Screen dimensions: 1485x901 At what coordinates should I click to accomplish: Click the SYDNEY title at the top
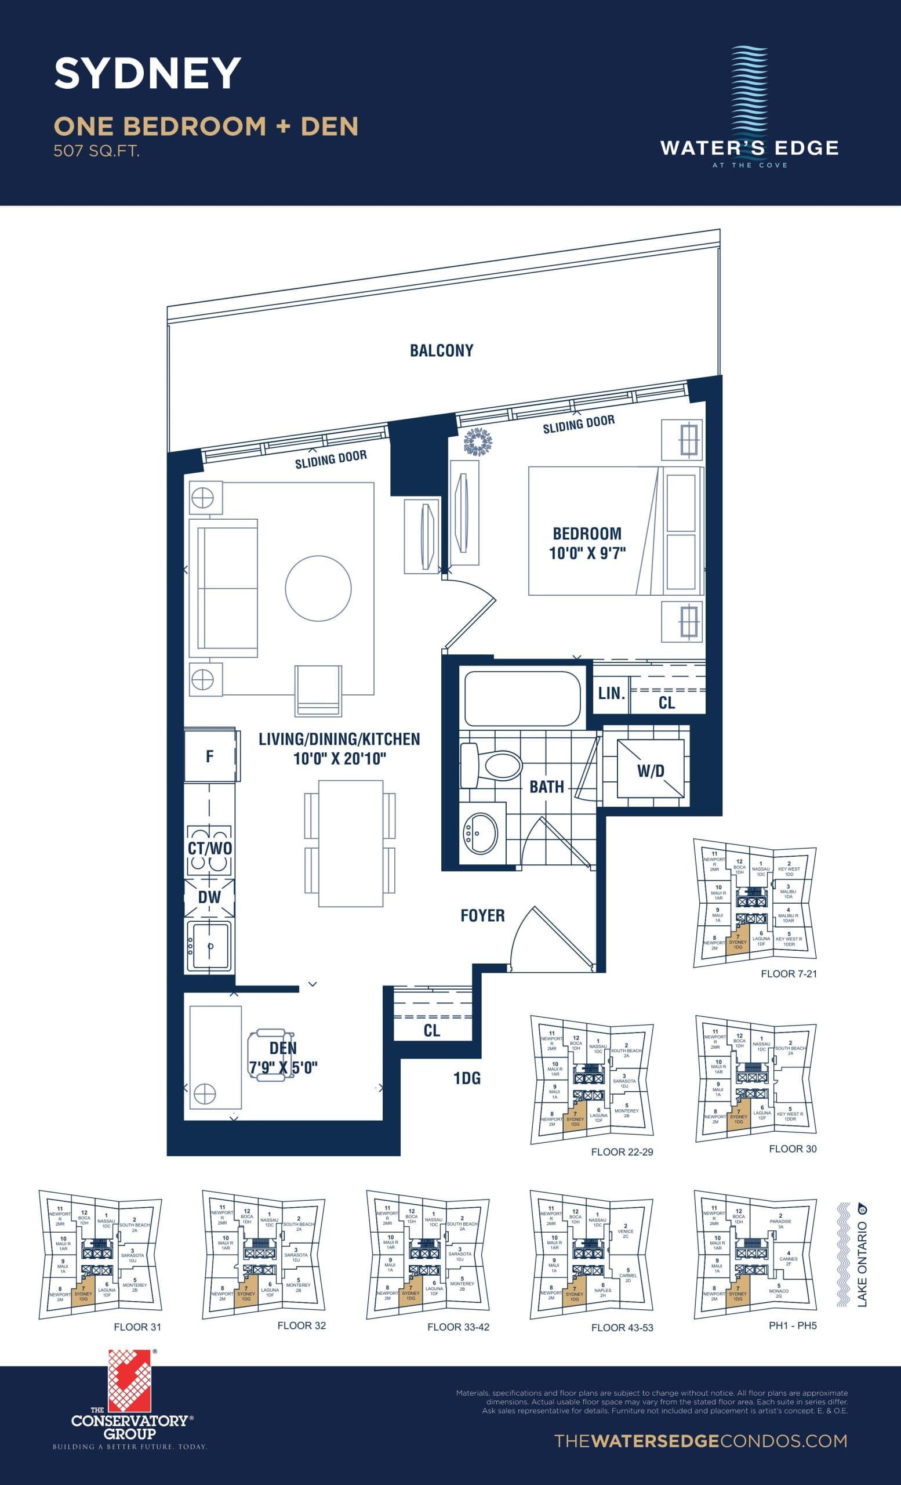coord(147,74)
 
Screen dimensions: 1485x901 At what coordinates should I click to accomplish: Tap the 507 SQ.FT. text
coord(96,151)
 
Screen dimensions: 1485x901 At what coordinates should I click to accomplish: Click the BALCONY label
coord(441,351)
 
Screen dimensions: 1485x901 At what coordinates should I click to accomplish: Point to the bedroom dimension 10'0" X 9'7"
coord(587,553)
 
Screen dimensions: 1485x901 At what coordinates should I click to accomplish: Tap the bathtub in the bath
coord(522,698)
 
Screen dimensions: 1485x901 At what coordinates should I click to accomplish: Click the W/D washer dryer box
coord(651,770)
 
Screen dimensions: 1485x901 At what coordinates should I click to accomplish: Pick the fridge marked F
coord(209,756)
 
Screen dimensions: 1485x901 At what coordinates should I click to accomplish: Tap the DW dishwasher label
coord(209,897)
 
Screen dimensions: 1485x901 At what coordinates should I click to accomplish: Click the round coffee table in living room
coord(318,588)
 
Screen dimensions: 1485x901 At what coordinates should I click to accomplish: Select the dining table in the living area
coord(351,842)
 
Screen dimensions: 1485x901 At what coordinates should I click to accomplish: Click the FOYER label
coord(482,915)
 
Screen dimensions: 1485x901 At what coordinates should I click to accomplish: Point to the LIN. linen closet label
coord(611,694)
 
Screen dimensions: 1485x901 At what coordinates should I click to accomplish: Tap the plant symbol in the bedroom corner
coord(479,443)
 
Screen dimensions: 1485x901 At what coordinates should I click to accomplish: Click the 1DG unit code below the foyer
coord(467,1078)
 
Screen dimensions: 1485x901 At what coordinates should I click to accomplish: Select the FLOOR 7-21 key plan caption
coord(789,973)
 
